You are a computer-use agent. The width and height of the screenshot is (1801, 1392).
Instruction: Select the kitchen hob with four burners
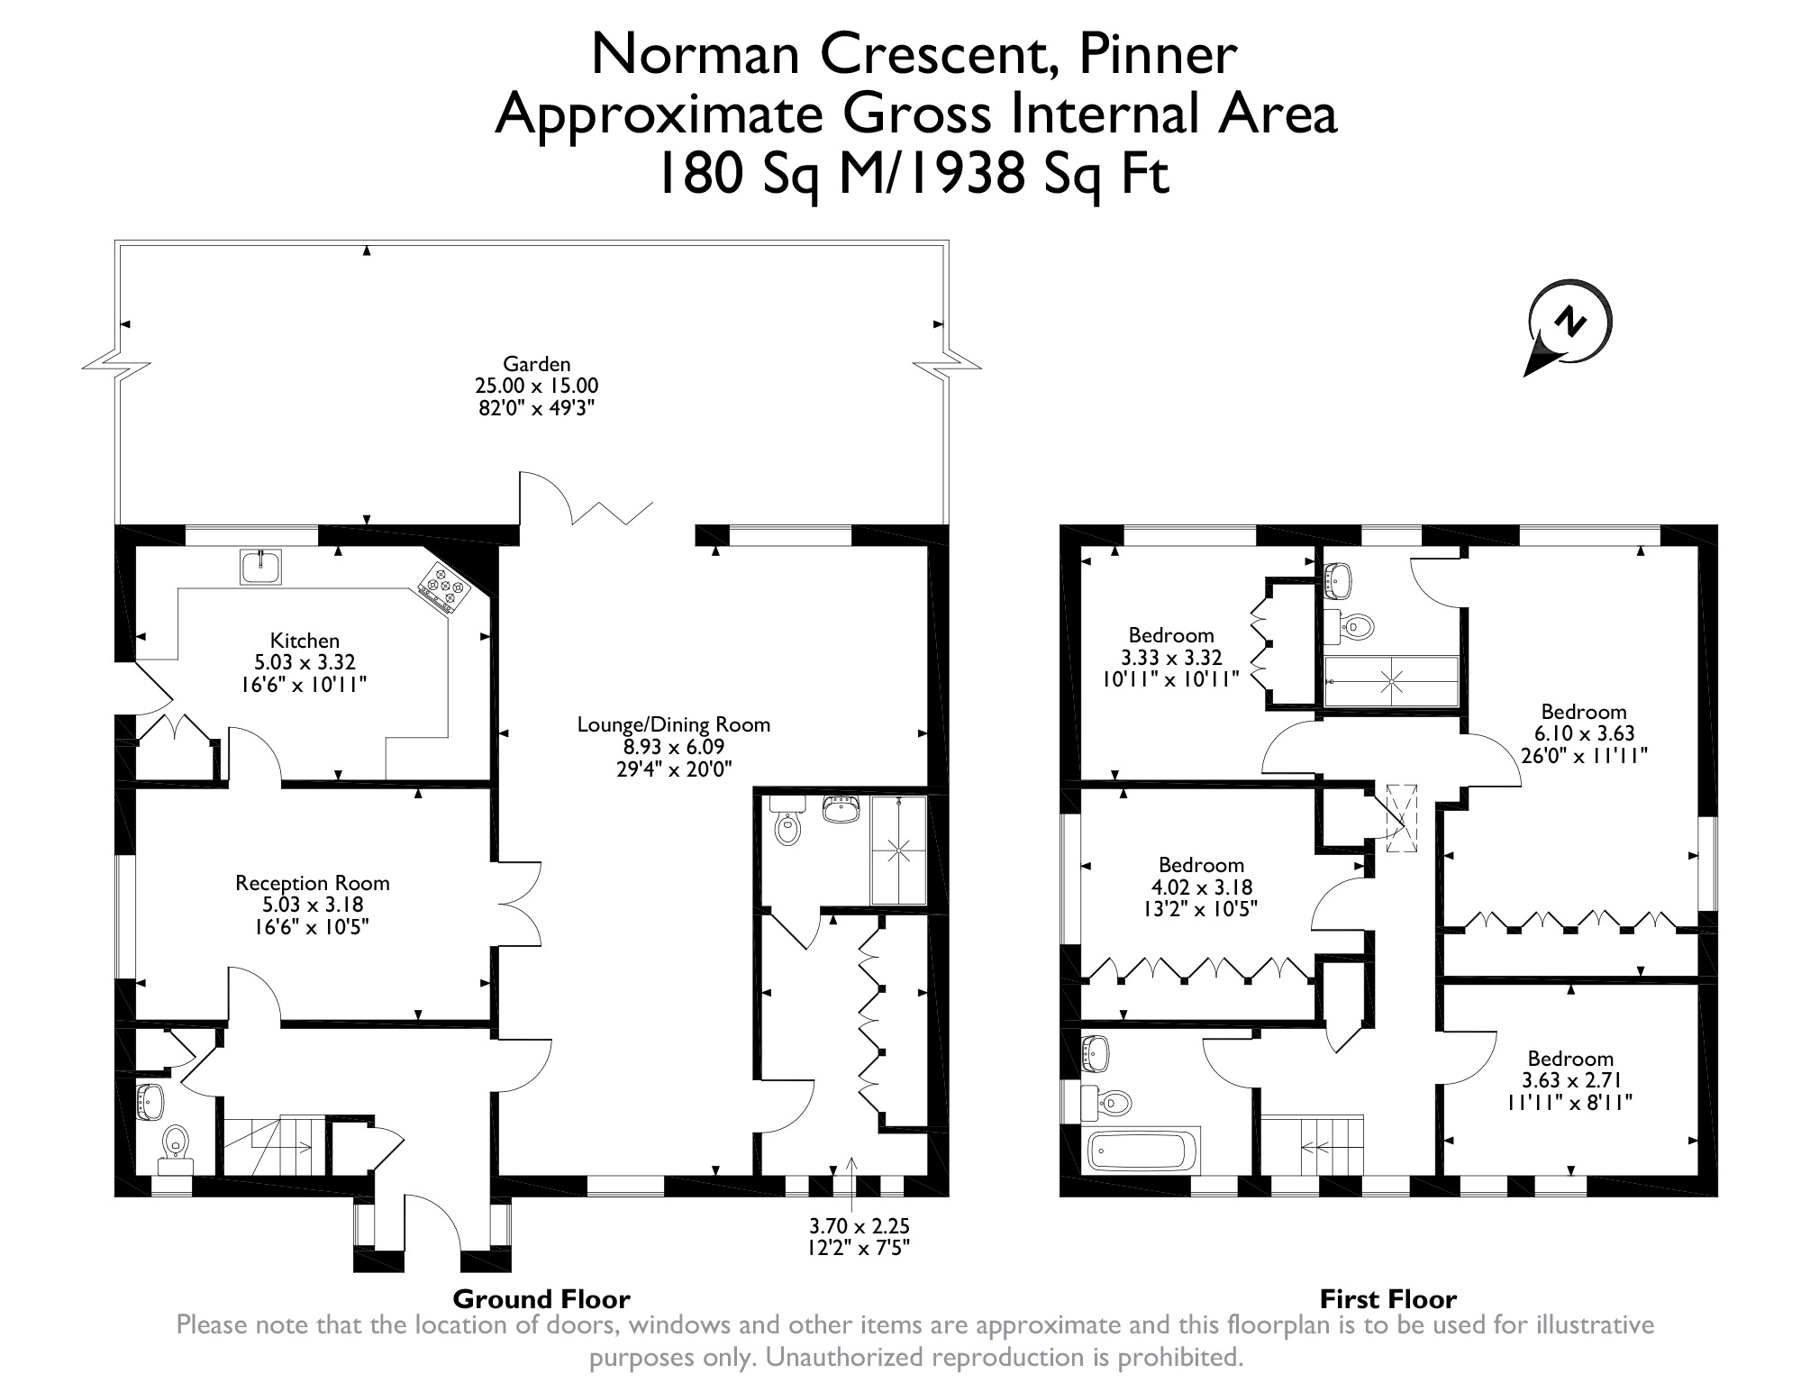(x=444, y=587)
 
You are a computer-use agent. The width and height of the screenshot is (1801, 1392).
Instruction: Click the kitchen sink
(x=261, y=566)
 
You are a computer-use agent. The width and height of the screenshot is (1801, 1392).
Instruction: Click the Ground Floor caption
(x=541, y=1298)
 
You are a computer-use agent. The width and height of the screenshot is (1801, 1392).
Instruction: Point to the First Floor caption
(x=1388, y=1298)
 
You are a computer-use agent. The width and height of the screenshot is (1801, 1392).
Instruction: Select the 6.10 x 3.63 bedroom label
(x=1584, y=733)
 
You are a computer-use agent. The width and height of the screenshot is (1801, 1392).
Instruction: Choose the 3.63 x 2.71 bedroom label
(x=1570, y=1080)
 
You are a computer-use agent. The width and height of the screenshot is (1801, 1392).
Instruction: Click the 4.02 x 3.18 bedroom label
(x=1201, y=887)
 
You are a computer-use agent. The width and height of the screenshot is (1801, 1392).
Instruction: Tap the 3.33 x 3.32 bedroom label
(x=1171, y=657)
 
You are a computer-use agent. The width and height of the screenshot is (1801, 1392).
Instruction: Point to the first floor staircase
(x=1312, y=1145)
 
